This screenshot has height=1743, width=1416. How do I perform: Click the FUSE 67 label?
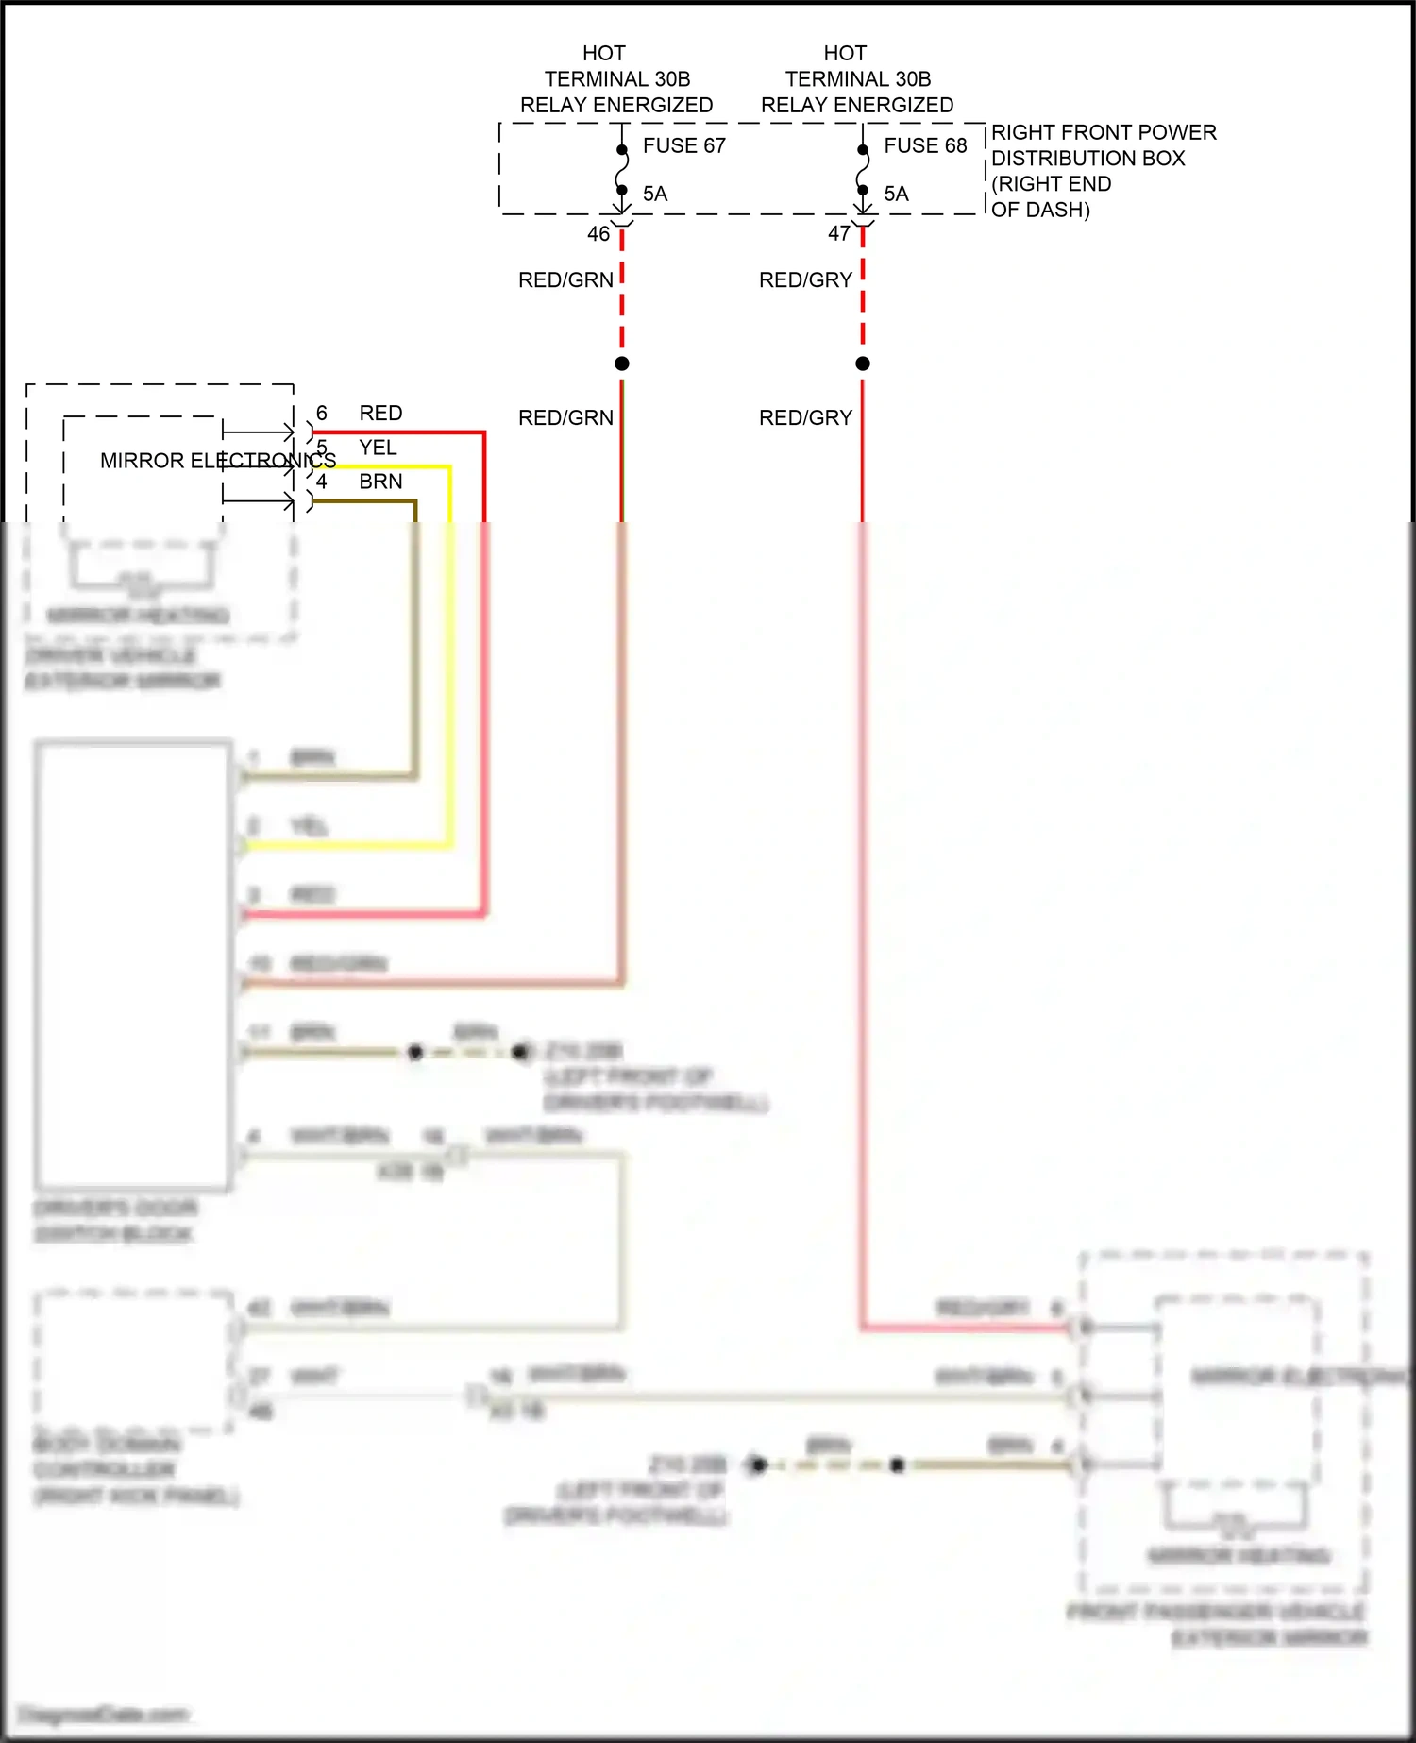click(683, 145)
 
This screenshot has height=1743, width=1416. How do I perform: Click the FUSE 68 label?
click(925, 145)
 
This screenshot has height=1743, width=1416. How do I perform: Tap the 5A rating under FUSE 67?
click(655, 194)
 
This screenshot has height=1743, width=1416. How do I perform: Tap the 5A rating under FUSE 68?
click(896, 194)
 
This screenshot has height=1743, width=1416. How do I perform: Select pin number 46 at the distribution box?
click(598, 233)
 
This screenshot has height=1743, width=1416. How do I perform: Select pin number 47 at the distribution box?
click(839, 233)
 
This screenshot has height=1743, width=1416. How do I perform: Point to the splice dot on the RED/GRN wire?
click(622, 364)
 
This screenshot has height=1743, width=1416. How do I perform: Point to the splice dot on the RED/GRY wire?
click(863, 364)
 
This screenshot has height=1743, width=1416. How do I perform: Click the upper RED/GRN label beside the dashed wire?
click(565, 279)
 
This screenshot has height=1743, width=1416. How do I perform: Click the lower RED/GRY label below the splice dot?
click(805, 417)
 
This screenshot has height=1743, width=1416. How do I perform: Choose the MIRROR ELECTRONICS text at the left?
click(217, 461)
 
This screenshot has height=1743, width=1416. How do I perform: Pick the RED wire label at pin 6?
click(380, 413)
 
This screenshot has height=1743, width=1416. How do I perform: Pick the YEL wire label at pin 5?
click(378, 448)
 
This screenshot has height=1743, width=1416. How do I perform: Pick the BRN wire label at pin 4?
click(380, 482)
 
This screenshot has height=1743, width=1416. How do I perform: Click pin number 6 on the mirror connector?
click(322, 413)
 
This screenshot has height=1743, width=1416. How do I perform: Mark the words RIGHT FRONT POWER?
click(1104, 132)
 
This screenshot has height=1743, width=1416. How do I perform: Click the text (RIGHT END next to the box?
click(1051, 184)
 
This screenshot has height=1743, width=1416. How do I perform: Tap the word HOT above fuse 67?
click(604, 53)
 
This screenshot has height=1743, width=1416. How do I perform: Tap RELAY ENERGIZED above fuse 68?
click(857, 105)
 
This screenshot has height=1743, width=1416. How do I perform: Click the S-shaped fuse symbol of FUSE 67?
click(622, 171)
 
